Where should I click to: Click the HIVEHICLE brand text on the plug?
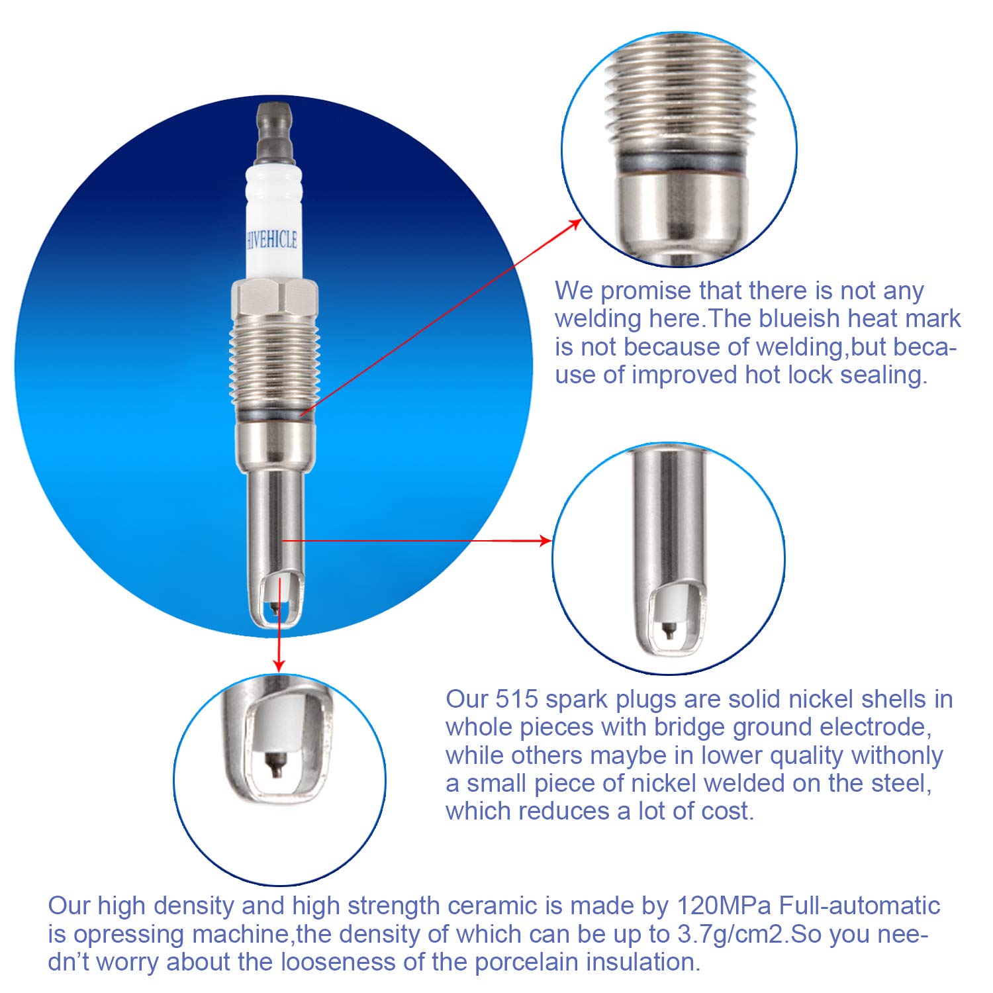(x=272, y=240)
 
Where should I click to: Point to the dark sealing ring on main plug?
(x=274, y=412)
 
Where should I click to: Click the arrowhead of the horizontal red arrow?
(x=545, y=541)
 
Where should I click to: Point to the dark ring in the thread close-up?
(x=680, y=162)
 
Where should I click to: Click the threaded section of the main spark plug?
(x=274, y=361)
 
